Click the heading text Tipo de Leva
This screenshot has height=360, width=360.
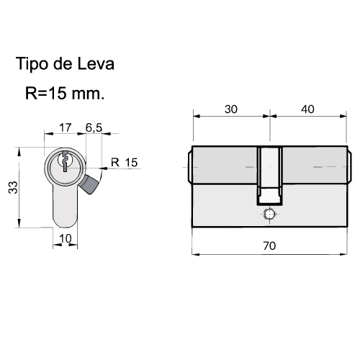coord(65,64)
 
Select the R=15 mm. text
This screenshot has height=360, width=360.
coord(65,93)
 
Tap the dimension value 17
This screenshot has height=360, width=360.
coord(66,127)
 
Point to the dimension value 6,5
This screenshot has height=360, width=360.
coord(94,128)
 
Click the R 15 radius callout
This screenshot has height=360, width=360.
coord(124,163)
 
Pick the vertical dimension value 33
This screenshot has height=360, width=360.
coord(13,187)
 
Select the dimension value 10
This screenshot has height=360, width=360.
coord(66,238)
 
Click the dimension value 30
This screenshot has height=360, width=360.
coord(231,109)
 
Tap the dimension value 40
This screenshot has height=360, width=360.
coord(307,109)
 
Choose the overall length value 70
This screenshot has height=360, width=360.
coord(269,246)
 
